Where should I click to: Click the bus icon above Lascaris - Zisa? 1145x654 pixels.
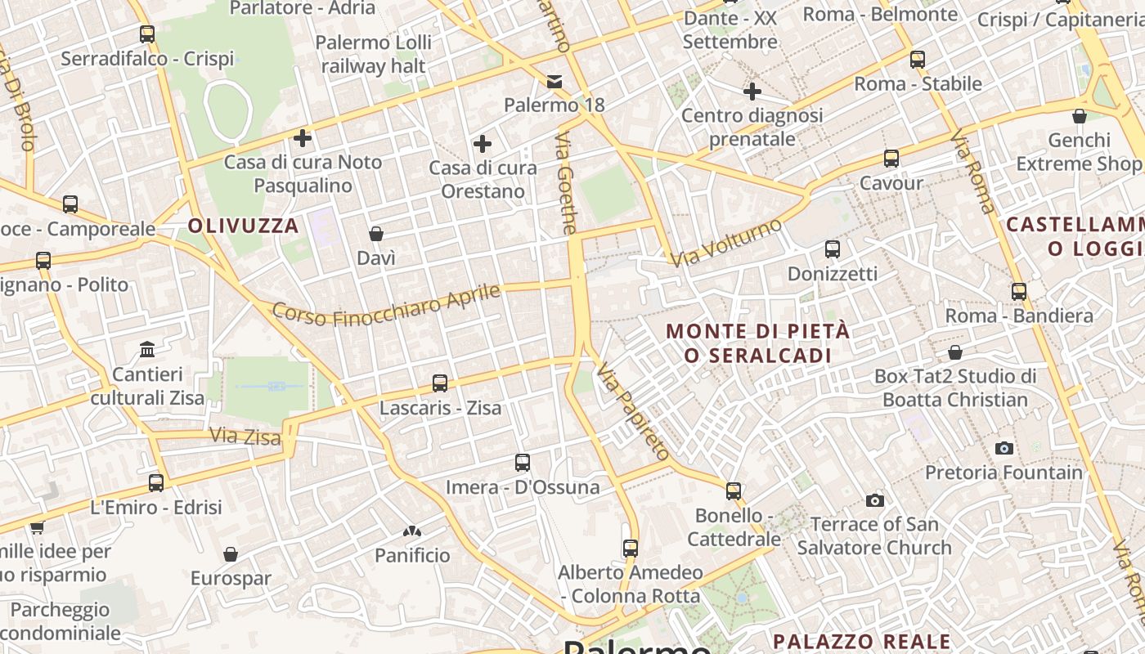[x=440, y=383]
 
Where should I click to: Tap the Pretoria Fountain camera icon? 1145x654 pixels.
[x=1004, y=448]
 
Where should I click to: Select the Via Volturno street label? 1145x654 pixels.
[x=726, y=242]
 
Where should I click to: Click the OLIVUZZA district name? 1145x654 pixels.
[x=244, y=226]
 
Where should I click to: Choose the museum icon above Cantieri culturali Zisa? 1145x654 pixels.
[x=147, y=350]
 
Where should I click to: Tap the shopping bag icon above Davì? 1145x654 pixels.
[x=376, y=235]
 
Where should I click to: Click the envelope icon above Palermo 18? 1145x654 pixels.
[x=555, y=81]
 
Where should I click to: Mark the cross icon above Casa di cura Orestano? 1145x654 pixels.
[x=483, y=145]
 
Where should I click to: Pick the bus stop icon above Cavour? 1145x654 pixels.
[x=891, y=159]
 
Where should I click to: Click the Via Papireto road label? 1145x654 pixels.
[x=633, y=411]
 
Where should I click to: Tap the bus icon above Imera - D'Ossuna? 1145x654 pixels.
[x=523, y=463]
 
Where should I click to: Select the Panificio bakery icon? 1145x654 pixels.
[x=412, y=531]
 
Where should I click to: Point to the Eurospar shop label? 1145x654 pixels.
[x=231, y=578]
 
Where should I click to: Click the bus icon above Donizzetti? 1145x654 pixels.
[x=833, y=249]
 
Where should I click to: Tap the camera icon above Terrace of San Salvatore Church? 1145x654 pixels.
[x=875, y=500]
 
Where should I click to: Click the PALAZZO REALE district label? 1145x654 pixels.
[x=862, y=641]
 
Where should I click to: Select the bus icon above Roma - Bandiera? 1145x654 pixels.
[x=1019, y=291]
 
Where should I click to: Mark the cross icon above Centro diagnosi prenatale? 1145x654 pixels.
[x=752, y=92]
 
